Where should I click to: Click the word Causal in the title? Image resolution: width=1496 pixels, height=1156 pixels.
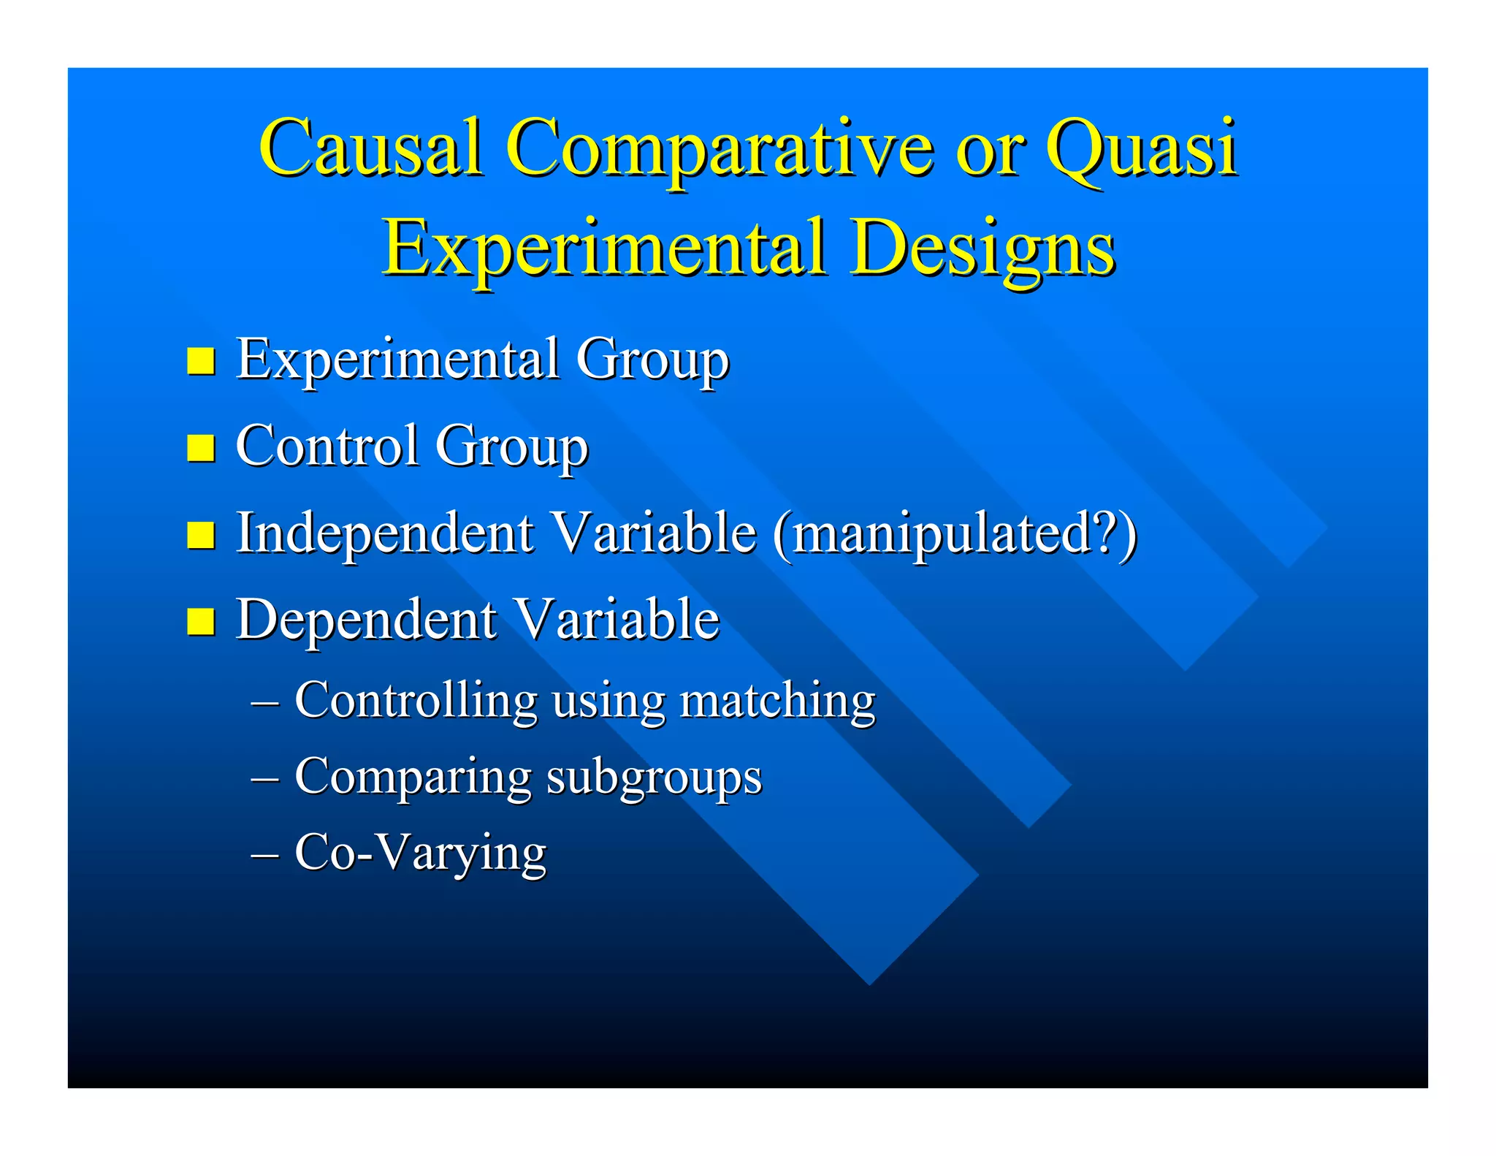pos(370,148)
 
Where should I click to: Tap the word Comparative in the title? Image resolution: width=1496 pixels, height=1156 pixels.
pos(719,148)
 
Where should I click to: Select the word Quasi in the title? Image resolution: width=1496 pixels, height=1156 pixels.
pos(1141,148)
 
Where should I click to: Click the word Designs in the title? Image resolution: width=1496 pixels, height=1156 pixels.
pos(982,248)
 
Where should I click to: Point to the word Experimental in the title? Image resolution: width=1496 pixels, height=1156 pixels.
pos(605,248)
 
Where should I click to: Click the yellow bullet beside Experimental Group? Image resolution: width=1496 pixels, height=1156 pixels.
pos(200,360)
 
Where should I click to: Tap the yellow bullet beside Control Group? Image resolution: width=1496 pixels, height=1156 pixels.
pos(200,447)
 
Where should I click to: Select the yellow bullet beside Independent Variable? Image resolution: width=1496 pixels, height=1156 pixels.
pos(200,534)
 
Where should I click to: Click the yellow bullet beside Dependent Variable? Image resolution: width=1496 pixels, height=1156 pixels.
pos(200,621)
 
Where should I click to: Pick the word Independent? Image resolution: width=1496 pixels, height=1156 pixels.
pos(385,533)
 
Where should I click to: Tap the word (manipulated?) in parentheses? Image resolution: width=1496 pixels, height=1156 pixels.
pos(955,533)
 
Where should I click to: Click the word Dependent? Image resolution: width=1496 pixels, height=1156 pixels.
pos(366,620)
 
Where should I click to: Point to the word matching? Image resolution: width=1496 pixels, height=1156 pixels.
pos(776,700)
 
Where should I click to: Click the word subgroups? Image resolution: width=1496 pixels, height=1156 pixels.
pos(654,776)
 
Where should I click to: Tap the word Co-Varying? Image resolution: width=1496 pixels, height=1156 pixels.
pos(420,852)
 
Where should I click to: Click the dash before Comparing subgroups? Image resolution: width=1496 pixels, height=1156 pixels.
pos(264,777)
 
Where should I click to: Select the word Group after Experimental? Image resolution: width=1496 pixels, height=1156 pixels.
pos(652,359)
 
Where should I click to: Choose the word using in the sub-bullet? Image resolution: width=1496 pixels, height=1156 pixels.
pos(608,700)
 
